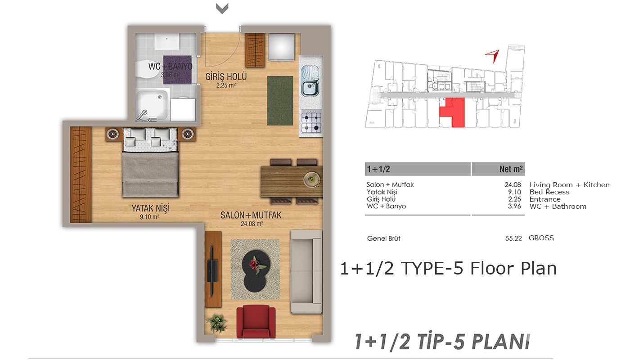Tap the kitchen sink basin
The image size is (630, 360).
[x=310, y=88]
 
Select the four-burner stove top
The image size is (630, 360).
[x=311, y=121]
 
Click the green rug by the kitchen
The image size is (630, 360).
[x=280, y=100]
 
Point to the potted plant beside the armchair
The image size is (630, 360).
[x=216, y=323]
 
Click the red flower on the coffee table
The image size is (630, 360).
[x=255, y=265]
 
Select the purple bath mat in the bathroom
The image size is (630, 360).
[x=177, y=70]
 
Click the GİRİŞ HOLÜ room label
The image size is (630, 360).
[x=226, y=76]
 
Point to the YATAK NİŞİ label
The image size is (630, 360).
[x=150, y=208]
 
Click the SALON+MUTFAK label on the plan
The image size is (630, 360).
[x=251, y=215]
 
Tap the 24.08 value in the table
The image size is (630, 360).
[x=513, y=185]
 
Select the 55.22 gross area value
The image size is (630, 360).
[x=513, y=238]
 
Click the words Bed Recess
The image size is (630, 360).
[x=549, y=192]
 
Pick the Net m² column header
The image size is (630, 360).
[x=511, y=169]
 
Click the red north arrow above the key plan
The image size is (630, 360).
[x=493, y=56]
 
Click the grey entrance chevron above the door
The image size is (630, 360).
[x=222, y=9]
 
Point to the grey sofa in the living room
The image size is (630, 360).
[x=306, y=272]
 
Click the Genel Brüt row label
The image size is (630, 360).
[x=383, y=238]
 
